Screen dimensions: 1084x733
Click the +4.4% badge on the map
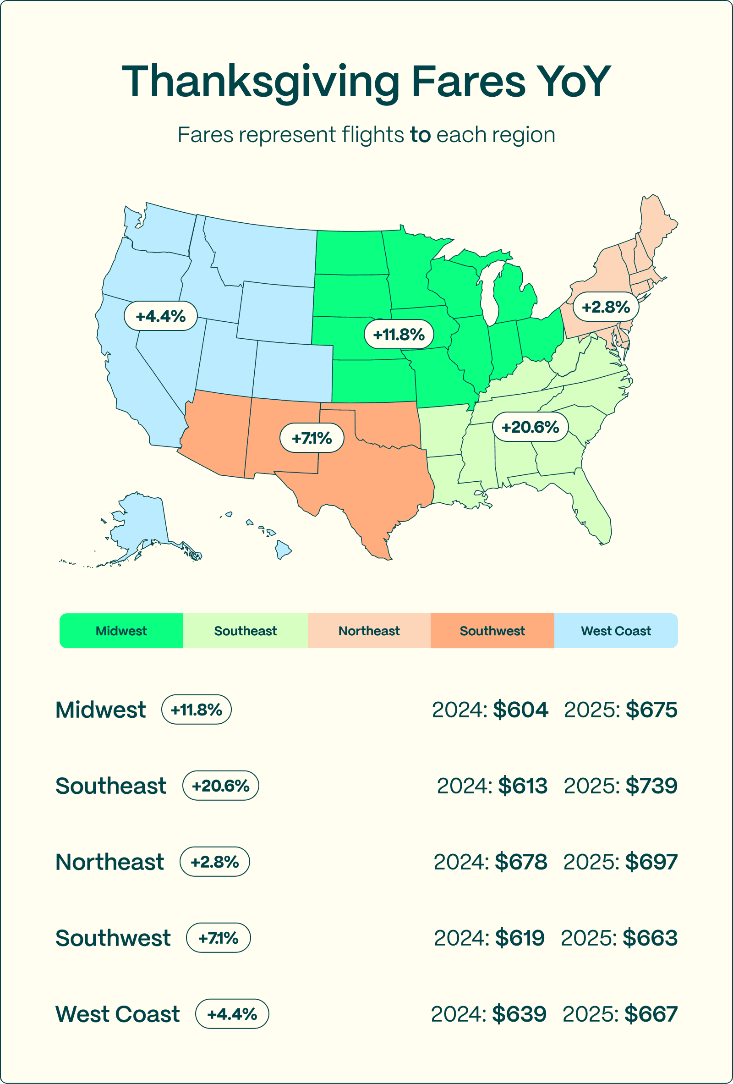(160, 316)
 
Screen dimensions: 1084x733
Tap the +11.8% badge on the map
(399, 335)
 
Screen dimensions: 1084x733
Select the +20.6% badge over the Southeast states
(530, 427)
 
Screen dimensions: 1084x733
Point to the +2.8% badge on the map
(605, 307)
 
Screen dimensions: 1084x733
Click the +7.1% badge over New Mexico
(312, 438)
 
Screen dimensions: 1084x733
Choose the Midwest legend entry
(121, 631)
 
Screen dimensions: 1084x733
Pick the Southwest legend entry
(492, 631)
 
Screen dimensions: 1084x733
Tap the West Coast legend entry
(616, 631)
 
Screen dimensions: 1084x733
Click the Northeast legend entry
(369, 631)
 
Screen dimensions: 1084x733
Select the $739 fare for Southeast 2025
(651, 786)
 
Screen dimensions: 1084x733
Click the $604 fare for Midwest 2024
(520, 710)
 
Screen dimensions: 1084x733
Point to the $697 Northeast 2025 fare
(651, 862)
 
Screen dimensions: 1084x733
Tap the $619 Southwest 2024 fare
(520, 938)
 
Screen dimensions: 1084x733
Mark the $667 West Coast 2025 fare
(651, 1014)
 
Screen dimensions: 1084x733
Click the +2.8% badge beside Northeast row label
(214, 862)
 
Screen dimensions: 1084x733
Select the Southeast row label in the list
(110, 786)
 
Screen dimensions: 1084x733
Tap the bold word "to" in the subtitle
(420, 135)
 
